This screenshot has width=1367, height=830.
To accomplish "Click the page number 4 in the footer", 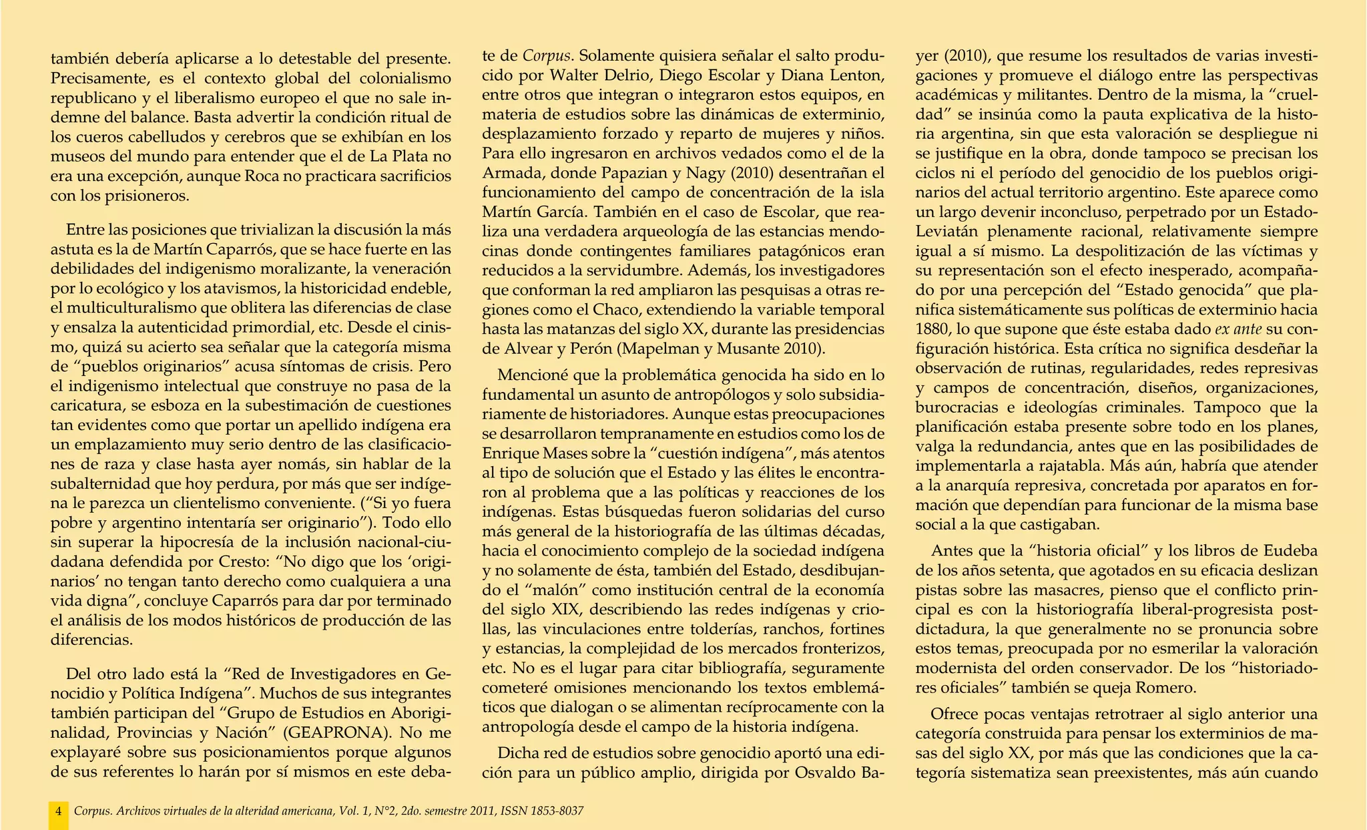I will pyautogui.click(x=59, y=811).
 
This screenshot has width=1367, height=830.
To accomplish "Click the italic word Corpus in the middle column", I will pyautogui.click(x=545, y=55).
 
